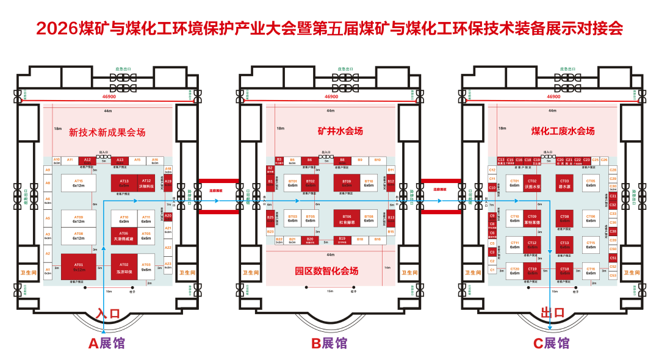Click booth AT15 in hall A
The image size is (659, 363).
[x=78, y=183]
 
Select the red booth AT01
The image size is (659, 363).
[x=79, y=267]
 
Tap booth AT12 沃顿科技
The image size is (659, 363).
[x=146, y=183]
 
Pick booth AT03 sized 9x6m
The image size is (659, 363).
[x=146, y=267]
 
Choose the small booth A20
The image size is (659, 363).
[x=168, y=216]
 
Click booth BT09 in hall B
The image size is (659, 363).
[x=347, y=183]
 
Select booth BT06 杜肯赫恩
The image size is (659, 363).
[x=347, y=218]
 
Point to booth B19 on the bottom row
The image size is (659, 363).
[x=342, y=239]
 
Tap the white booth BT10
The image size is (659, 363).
[x=369, y=183]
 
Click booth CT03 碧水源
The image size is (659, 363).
[x=564, y=183]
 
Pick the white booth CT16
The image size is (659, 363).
[x=591, y=271]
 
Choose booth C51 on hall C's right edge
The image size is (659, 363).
[x=613, y=258]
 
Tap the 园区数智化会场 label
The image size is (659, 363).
[x=326, y=271]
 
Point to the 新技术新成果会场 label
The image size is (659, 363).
[x=107, y=132]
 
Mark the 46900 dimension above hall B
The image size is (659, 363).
[x=331, y=96]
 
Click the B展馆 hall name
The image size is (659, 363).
[x=329, y=343]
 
